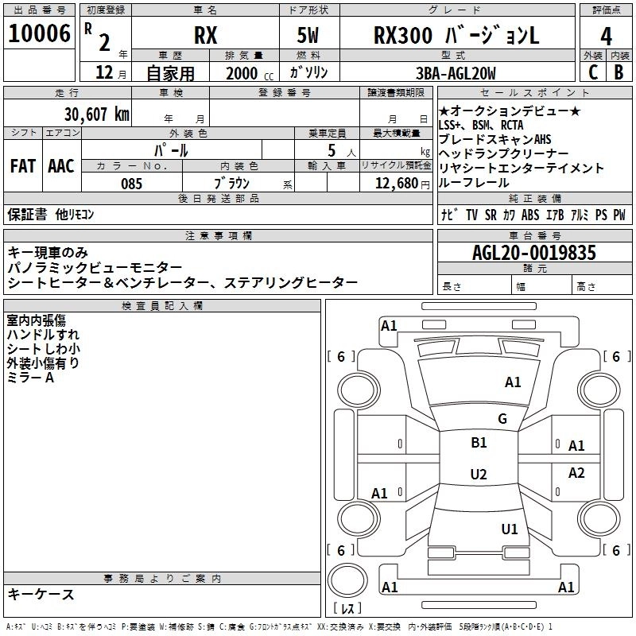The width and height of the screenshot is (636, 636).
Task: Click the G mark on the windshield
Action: [x=502, y=419]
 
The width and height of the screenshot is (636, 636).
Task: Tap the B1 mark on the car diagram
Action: [x=479, y=443]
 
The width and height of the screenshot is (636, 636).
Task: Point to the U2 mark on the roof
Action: [x=478, y=475]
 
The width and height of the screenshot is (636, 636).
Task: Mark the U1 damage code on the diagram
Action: [x=510, y=529]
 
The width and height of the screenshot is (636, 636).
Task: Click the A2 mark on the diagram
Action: [x=576, y=473]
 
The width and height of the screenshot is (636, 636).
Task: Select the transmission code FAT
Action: [x=22, y=166]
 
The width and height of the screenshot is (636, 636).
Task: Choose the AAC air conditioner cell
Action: [x=61, y=166]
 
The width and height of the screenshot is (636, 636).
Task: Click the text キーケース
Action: [x=41, y=595]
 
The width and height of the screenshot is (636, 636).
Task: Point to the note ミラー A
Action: [x=30, y=378]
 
